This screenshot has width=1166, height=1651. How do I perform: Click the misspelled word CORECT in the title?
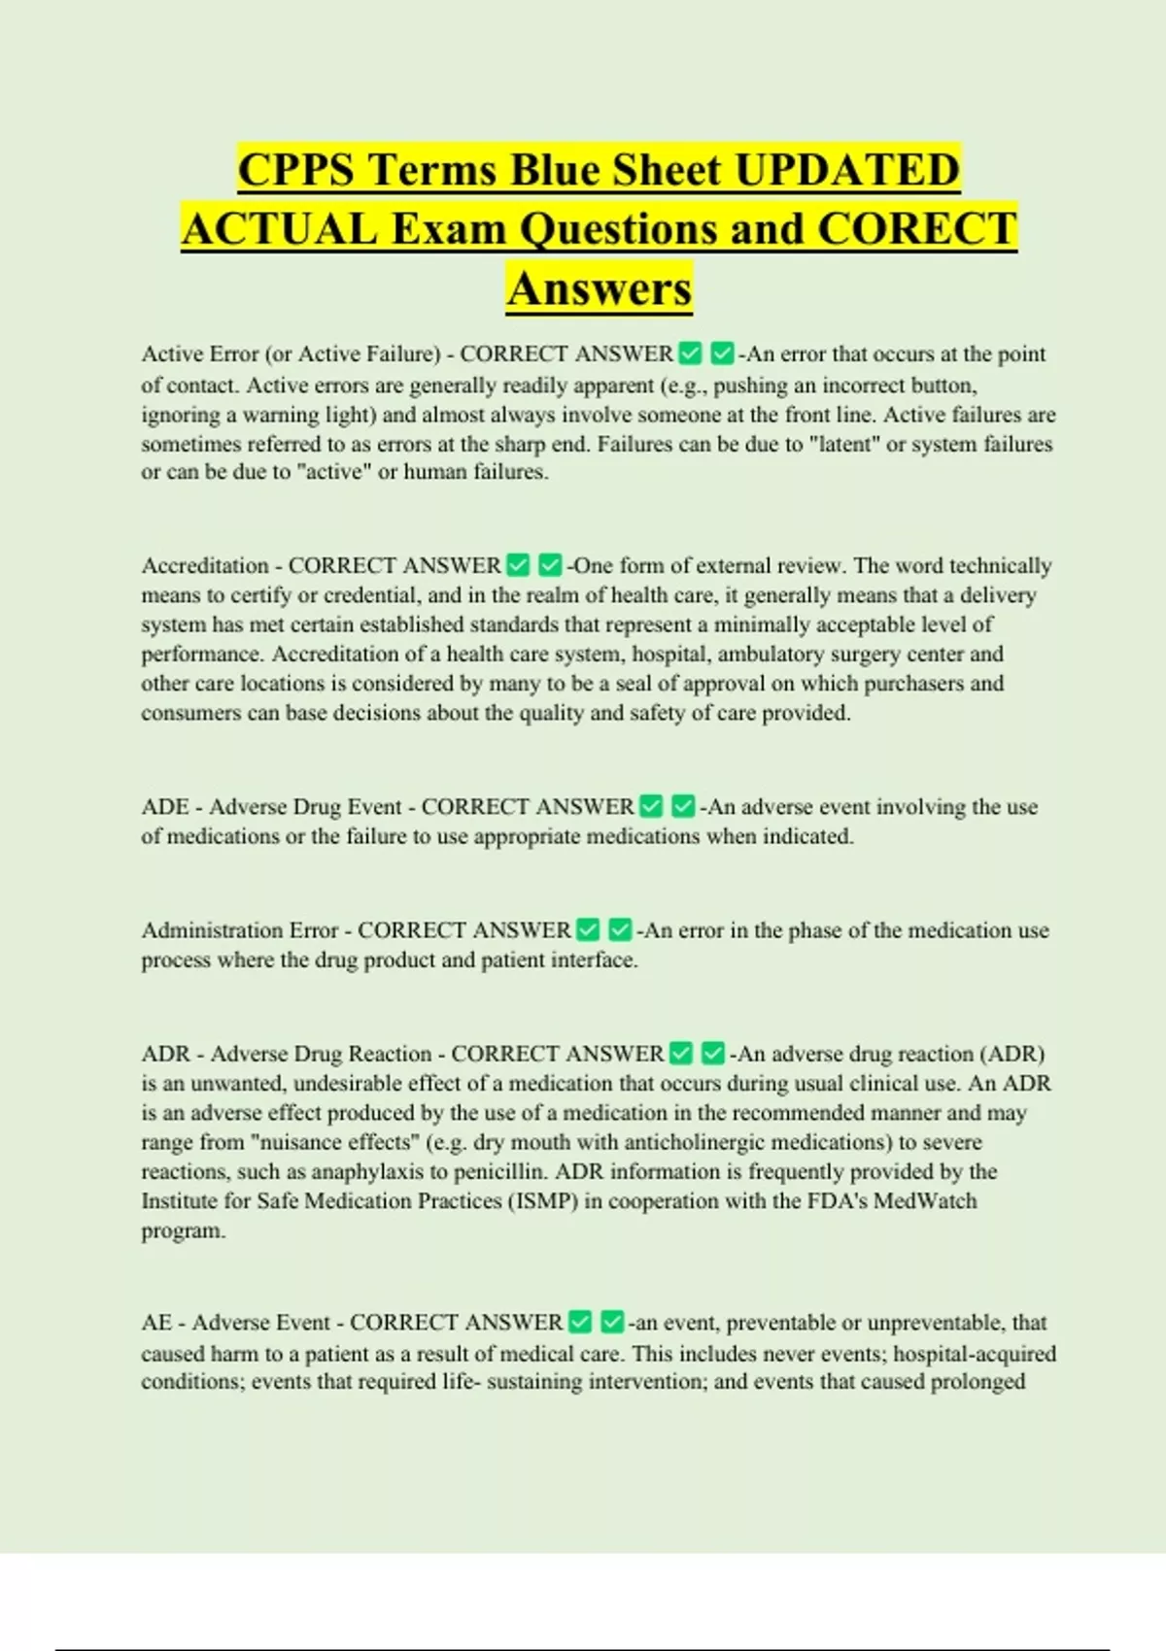917,229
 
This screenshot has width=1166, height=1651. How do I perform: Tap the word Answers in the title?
599,288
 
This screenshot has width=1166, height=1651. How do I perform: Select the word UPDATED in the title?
847,170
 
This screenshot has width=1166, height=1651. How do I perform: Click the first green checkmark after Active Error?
690,354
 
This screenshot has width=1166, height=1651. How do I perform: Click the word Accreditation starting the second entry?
205,565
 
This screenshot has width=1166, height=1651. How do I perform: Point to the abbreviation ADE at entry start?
165,807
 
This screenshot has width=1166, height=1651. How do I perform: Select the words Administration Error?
240,930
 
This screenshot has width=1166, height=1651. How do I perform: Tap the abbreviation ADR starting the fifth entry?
166,1054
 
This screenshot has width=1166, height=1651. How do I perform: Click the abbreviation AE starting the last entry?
156,1323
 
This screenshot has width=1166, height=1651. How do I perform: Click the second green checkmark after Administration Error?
620,930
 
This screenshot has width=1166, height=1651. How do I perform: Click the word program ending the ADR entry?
183,1230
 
